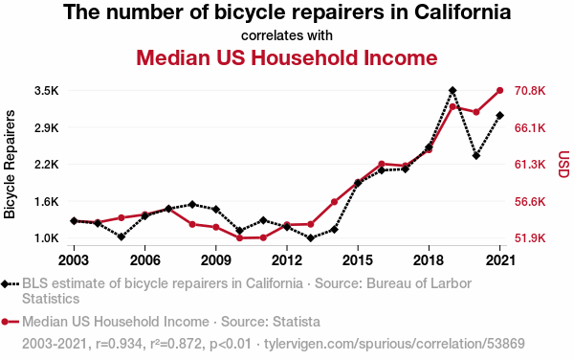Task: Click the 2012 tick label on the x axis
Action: click(x=287, y=260)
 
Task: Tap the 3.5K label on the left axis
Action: click(x=47, y=90)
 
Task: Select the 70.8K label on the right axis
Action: click(x=530, y=90)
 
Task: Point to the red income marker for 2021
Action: click(x=499, y=90)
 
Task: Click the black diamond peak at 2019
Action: click(x=453, y=90)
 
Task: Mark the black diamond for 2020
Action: click(x=475, y=156)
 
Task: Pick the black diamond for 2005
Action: click(x=121, y=236)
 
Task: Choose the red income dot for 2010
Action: click(x=240, y=238)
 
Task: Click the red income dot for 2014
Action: click(x=334, y=202)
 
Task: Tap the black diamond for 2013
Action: click(x=310, y=238)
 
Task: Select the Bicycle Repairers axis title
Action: click(x=10, y=165)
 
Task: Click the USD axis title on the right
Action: click(x=564, y=165)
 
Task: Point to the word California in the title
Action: click(x=463, y=12)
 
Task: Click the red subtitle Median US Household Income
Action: click(x=287, y=57)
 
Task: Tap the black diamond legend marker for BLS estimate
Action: click(x=5, y=283)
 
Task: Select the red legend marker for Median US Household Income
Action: click(x=5, y=322)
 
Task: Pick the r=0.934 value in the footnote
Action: click(x=119, y=344)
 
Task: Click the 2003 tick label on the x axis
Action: click(x=74, y=260)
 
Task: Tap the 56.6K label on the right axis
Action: click(x=530, y=202)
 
